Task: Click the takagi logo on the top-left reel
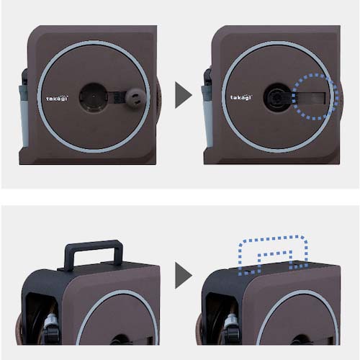pos(57,99)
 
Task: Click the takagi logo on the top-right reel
pos(241,97)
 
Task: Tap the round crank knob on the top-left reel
pos(135,99)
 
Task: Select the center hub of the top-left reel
pos(94,97)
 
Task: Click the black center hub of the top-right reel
pos(277,97)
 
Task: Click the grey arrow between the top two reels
pos(184,95)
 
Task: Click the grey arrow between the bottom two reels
pos(184,275)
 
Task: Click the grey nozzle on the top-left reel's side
pos(24,115)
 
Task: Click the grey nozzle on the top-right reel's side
pos(207,115)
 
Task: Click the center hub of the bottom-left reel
pos(120,340)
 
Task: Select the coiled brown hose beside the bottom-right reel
pos(199,331)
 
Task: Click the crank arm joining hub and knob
pos(117,97)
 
